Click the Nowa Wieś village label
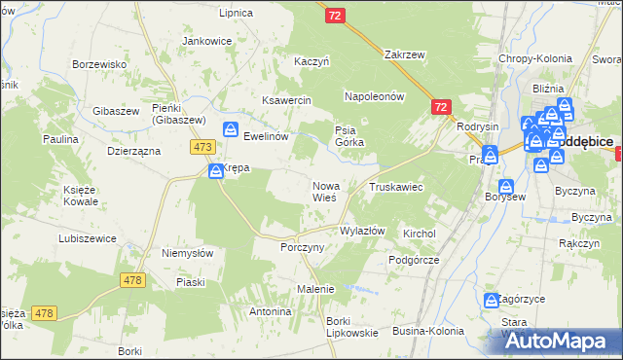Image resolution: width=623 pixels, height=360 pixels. pos(324,191)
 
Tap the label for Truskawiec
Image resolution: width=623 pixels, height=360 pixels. pos(395,186)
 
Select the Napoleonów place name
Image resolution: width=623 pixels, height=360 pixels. pos(375,96)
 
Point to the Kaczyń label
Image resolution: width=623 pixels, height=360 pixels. pos(312,61)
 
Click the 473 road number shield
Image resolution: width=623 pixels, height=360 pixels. pos(202,147)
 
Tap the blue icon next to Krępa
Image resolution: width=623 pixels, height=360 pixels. pos(216,171)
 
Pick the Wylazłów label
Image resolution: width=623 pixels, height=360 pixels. pos(362,231)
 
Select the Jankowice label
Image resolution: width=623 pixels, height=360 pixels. pos(207,41)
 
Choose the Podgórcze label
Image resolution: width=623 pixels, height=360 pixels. pos(414,260)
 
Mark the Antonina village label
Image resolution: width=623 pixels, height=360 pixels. pos(271,311)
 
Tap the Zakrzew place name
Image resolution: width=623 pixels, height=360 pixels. pos(406,54)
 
